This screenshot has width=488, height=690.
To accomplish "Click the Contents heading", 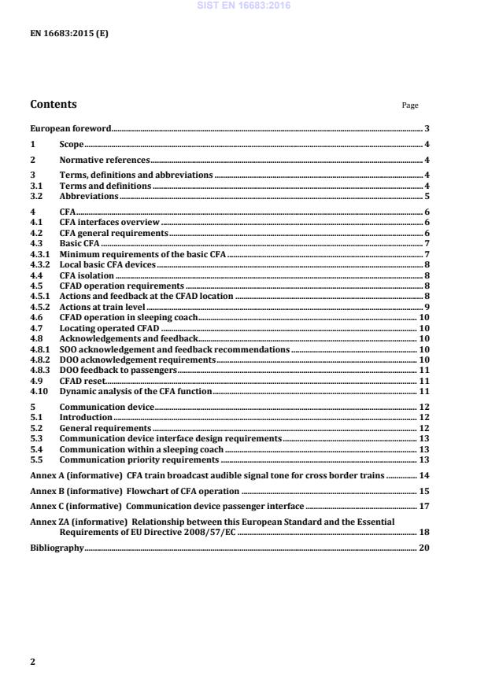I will [x=54, y=104].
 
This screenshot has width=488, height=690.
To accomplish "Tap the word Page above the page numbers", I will [x=410, y=105].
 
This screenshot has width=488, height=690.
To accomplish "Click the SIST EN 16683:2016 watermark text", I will [x=243, y=6].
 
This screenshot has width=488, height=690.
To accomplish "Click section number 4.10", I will [x=39, y=391].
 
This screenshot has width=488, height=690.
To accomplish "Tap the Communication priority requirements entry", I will [x=139, y=459].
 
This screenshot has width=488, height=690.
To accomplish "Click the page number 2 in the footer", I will [x=32, y=662].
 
